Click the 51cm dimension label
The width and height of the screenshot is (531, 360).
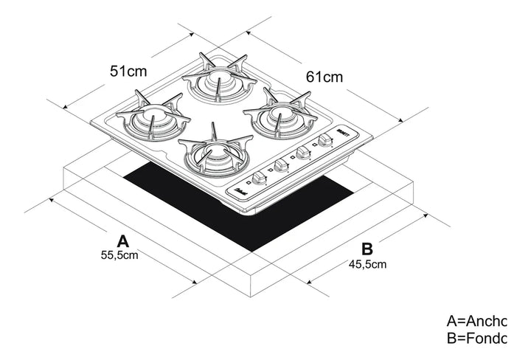pyautogui.click(x=128, y=71)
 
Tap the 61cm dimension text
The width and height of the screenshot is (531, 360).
pyautogui.click(x=324, y=76)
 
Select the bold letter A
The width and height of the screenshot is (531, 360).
pyautogui.click(x=123, y=240)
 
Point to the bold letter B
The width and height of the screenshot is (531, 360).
pyautogui.click(x=367, y=248)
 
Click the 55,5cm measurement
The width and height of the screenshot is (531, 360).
pyautogui.click(x=120, y=255)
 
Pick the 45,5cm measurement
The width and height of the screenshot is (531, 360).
pyautogui.click(x=367, y=263)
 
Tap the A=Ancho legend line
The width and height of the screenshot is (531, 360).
pyautogui.click(x=477, y=321)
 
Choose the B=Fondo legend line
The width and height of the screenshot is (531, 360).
pyautogui.click(x=477, y=339)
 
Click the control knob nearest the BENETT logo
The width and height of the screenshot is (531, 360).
pyautogui.click(x=324, y=141)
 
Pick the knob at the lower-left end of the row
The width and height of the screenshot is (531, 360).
pyautogui.click(x=259, y=179)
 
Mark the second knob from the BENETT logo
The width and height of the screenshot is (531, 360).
pyautogui.click(x=302, y=153)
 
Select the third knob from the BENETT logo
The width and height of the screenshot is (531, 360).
pyautogui.click(x=280, y=166)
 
